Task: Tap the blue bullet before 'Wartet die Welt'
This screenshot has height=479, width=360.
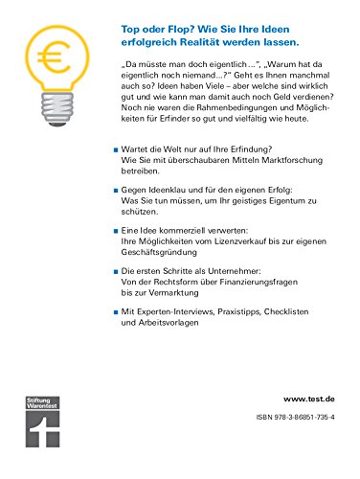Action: [x=115, y=150]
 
